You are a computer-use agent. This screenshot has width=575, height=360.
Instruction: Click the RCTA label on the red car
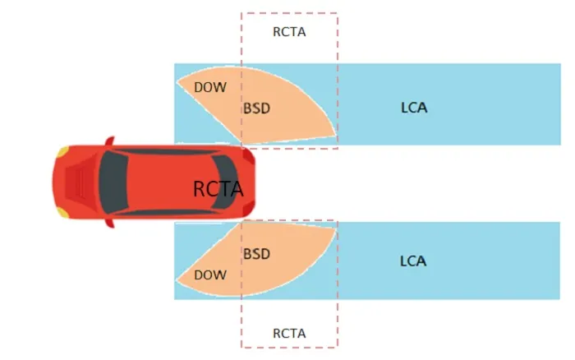pyautogui.click(x=218, y=189)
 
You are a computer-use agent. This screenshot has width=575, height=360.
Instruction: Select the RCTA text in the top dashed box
pyautogui.click(x=289, y=33)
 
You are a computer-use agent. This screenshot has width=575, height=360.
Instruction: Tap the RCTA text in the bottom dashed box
pyautogui.click(x=289, y=333)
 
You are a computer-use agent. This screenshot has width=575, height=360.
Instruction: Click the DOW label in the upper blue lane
pyautogui.click(x=210, y=87)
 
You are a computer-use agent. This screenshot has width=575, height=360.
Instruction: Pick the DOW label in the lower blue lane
pyautogui.click(x=209, y=275)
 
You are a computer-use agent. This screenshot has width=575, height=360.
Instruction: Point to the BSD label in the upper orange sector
pyautogui.click(x=256, y=108)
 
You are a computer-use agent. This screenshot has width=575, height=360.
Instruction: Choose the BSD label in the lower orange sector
pyautogui.click(x=256, y=254)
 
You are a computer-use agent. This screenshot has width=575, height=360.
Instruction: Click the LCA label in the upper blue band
pyautogui.click(x=413, y=108)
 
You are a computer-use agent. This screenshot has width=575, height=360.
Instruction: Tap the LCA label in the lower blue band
pyautogui.click(x=413, y=261)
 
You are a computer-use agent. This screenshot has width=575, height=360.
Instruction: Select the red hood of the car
pyautogui.click(x=78, y=182)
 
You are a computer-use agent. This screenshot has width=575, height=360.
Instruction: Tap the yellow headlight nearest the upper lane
pyautogui.click(x=62, y=152)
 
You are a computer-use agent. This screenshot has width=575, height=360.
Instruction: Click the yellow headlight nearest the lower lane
pyautogui.click(x=62, y=212)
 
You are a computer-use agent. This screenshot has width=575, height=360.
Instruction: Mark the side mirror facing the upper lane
pyautogui.click(x=109, y=141)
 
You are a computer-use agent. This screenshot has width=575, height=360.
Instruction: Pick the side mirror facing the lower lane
pyautogui.click(x=109, y=223)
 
